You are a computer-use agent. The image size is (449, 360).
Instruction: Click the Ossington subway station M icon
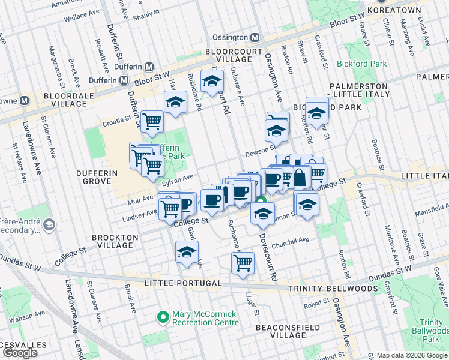coord(255,37)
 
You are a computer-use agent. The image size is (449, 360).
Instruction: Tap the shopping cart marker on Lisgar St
coord(243,263)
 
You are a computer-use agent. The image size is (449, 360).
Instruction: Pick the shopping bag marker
coord(299,177)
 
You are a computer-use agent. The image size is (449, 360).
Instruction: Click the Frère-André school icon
coord(49,224)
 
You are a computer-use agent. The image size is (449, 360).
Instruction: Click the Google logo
coord(21,353)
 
